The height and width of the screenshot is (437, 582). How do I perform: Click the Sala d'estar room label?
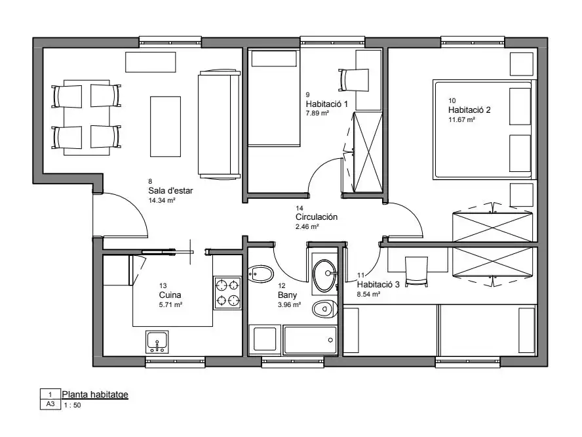(x=170, y=191)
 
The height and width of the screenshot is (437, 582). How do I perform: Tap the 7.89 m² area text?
(x=317, y=113)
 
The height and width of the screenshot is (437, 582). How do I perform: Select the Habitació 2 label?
(x=469, y=110)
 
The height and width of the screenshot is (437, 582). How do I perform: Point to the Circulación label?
(x=317, y=217)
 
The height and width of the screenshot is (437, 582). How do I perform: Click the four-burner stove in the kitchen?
(x=227, y=293)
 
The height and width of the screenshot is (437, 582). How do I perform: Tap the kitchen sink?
(x=157, y=342)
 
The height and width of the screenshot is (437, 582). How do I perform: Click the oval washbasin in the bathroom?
(x=324, y=276)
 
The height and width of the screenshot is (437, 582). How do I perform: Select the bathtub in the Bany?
(x=310, y=340)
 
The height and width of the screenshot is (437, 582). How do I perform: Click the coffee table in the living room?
(x=165, y=127)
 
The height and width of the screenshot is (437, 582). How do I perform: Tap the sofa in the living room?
(x=219, y=125)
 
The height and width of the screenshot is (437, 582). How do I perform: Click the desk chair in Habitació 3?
(x=416, y=272)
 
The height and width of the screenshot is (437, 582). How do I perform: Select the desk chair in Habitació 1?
(x=354, y=80)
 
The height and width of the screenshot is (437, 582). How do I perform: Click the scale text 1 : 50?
(x=72, y=406)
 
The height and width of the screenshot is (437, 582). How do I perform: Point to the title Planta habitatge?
(x=95, y=394)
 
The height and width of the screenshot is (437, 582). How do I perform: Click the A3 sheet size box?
(x=50, y=404)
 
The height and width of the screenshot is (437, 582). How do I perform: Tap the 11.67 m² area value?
(x=462, y=119)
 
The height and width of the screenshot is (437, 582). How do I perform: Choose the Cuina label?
(x=170, y=295)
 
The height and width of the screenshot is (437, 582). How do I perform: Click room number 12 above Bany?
(x=282, y=286)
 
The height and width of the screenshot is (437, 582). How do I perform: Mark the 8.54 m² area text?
(x=368, y=294)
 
